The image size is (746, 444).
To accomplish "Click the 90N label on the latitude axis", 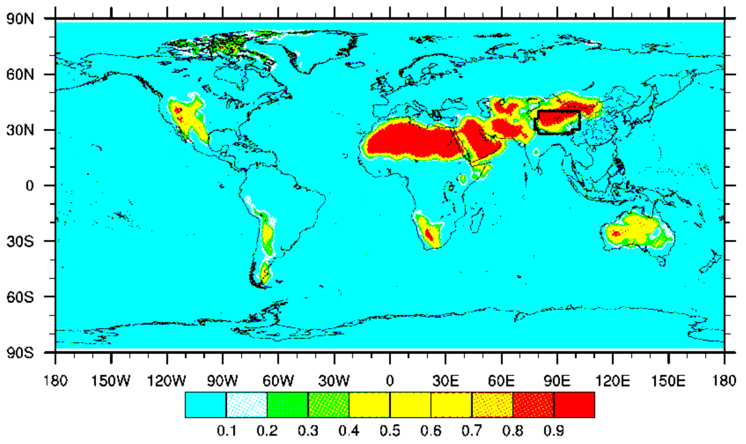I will [20, 19].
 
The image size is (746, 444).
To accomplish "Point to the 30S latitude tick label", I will [20, 241].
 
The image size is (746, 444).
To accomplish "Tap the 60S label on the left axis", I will [20, 297].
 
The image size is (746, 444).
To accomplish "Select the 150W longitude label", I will [110, 381].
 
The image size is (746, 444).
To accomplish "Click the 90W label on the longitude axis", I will [222, 381].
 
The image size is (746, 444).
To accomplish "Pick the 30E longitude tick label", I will [445, 381].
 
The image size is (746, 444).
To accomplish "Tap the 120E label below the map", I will [612, 381].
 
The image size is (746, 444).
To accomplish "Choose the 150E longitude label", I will [668, 381].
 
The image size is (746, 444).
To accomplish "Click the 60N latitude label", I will [20, 75].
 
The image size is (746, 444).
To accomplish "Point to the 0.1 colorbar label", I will [226, 431].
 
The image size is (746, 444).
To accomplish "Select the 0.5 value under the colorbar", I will [390, 431].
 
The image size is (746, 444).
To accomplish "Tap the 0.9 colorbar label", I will [554, 431].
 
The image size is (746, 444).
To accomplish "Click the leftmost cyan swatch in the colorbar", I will [205, 405].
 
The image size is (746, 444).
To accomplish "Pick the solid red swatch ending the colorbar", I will [574, 405].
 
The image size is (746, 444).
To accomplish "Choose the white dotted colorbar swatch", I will [247, 405].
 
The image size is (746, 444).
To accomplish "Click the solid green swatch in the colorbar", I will [287, 405].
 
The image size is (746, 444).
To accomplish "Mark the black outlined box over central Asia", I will [558, 122].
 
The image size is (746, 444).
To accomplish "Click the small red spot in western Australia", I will [616, 233].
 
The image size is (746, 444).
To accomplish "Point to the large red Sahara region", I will [410, 141].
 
